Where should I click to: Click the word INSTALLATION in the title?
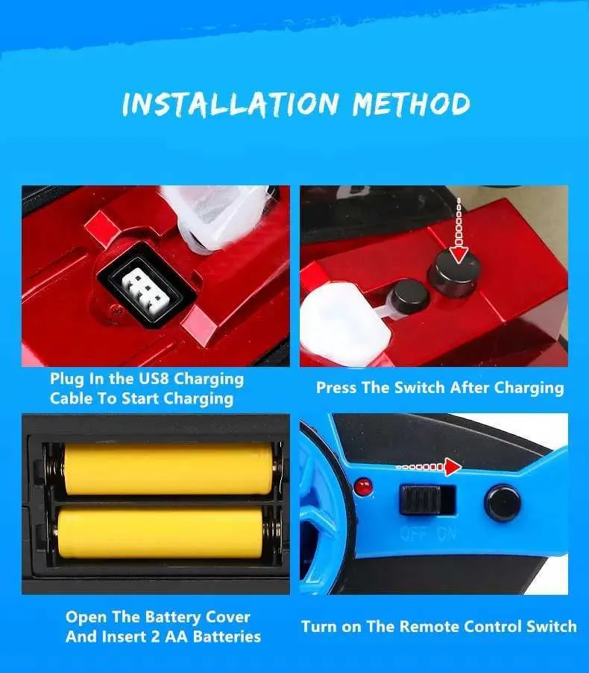pos(230,104)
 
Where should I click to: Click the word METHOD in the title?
pos(412,103)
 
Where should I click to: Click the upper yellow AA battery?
pos(168,469)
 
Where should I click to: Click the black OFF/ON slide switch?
pos(421,500)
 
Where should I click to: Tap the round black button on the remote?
pos(503,503)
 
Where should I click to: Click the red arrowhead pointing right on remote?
pos(453,467)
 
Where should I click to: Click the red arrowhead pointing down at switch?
pos(459,256)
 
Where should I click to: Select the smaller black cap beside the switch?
pos(410,296)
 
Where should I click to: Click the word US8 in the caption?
pos(154,378)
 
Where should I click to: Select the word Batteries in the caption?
pos(227,637)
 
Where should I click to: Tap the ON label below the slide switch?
pos(447,534)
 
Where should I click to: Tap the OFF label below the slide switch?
pos(413,534)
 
